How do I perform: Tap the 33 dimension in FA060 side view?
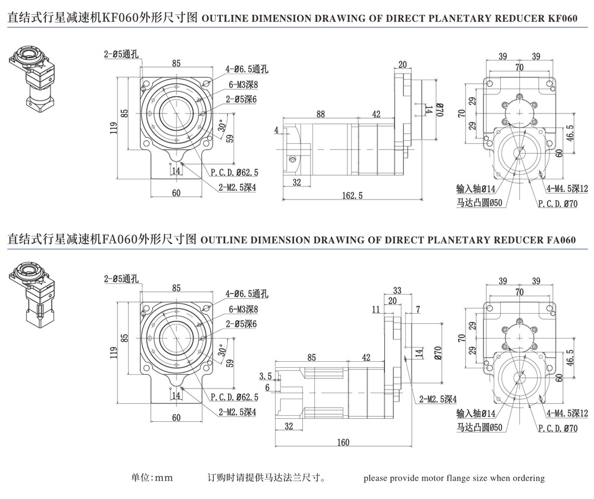[397, 290]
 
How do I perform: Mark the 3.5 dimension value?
[266, 376]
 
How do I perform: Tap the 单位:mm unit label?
[151, 478]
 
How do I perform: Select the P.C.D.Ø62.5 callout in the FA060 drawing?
[235, 397]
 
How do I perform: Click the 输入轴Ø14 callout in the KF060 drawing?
[476, 189]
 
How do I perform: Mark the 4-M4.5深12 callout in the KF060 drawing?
[567, 189]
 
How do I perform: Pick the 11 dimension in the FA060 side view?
[375, 309]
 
